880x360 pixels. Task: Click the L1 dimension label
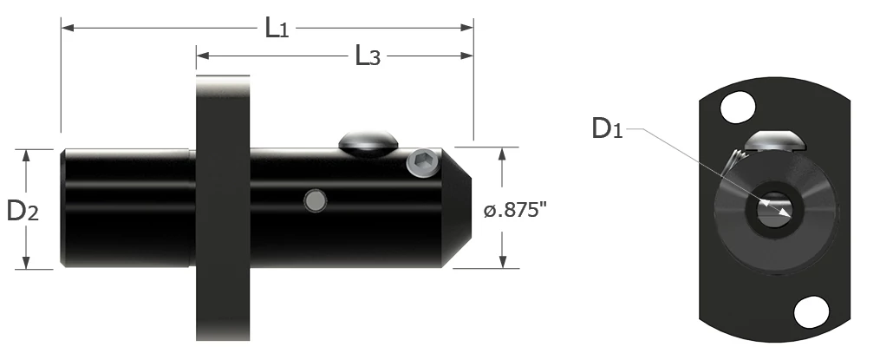click(x=277, y=29)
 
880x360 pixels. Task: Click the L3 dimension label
click(x=368, y=57)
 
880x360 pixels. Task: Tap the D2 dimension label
click(x=23, y=210)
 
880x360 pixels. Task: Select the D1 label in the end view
click(x=606, y=129)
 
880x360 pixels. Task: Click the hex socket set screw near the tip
click(x=423, y=164)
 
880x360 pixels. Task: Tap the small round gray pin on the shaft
click(x=316, y=201)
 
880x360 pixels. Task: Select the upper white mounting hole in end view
click(x=737, y=109)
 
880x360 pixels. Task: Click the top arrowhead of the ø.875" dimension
click(x=503, y=153)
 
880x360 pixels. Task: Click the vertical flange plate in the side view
click(x=223, y=208)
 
